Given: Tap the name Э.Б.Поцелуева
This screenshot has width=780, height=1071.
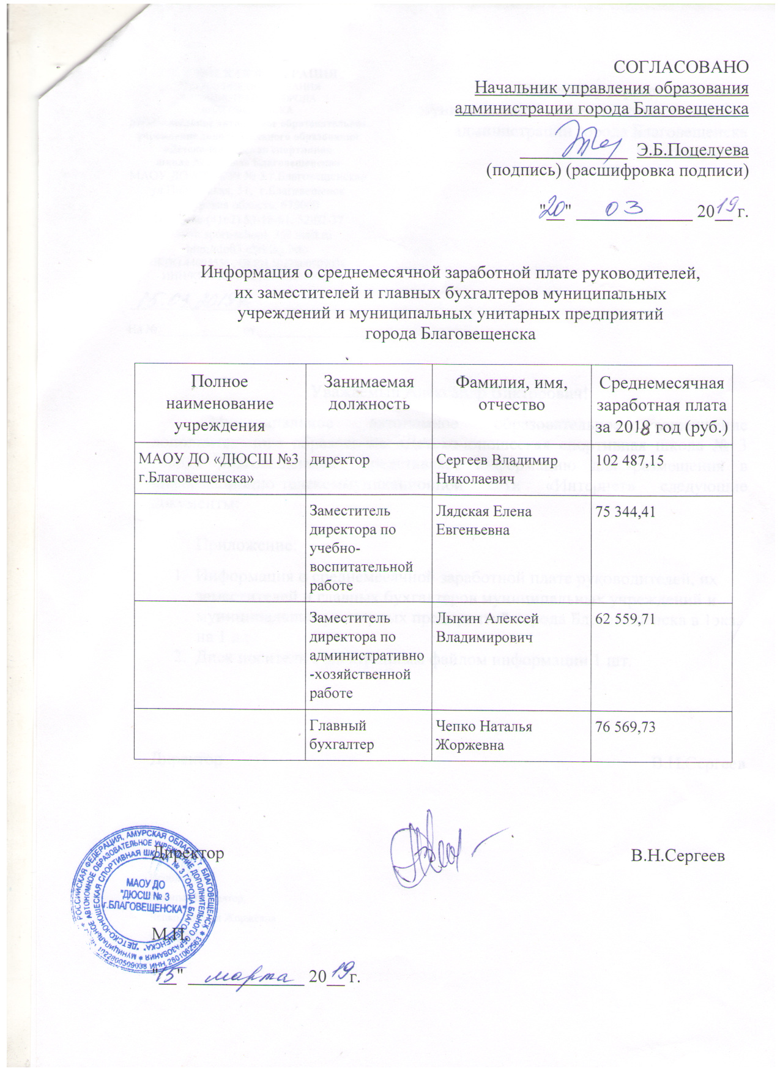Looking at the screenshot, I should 693,149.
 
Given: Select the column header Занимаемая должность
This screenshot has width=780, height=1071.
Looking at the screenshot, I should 368,392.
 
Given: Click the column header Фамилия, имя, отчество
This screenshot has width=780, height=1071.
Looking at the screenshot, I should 511,393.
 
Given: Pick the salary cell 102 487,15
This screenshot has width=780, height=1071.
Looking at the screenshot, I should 630,460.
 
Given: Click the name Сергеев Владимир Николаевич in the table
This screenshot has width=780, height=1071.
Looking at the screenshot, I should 496,469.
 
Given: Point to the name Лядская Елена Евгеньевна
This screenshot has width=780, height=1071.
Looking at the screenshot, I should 483,520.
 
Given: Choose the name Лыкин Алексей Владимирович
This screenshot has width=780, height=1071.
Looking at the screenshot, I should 487,628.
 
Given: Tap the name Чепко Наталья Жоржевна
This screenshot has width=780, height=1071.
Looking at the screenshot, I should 483,736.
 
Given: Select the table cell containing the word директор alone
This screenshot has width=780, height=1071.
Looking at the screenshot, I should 340,460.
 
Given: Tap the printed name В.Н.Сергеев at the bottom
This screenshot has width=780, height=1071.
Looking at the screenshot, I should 678,856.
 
